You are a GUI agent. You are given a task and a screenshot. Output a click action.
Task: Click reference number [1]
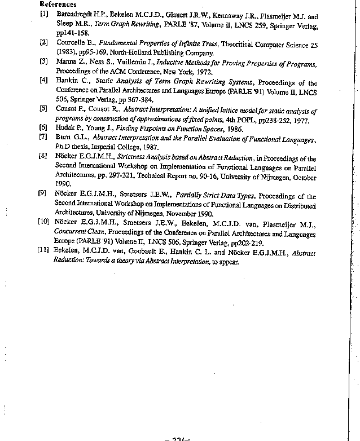(43, 17)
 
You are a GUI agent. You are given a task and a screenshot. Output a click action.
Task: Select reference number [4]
(43, 81)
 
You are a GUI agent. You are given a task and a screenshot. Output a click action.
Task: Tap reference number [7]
(43, 136)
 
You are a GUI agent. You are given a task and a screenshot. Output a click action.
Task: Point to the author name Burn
(63, 136)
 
